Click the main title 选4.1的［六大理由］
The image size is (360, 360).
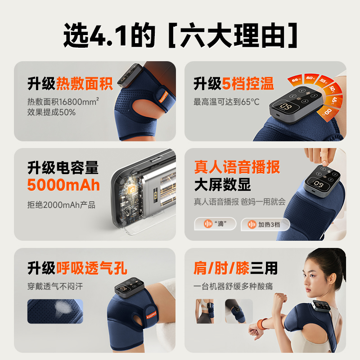180,35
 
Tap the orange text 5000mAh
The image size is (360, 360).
63,185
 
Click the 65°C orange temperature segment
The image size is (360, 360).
295,80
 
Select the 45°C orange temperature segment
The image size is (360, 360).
334,100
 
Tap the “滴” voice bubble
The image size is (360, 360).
215,224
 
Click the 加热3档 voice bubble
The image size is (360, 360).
265,224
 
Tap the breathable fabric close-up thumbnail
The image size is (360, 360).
55,311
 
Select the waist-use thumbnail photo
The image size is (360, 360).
205,311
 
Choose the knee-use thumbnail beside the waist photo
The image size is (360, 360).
238,311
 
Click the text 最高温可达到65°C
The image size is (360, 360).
226,102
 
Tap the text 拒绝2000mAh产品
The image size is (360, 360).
61,205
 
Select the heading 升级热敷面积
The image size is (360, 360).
70,84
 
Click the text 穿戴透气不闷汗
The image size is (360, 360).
55,286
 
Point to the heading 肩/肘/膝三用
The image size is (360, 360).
235,268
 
